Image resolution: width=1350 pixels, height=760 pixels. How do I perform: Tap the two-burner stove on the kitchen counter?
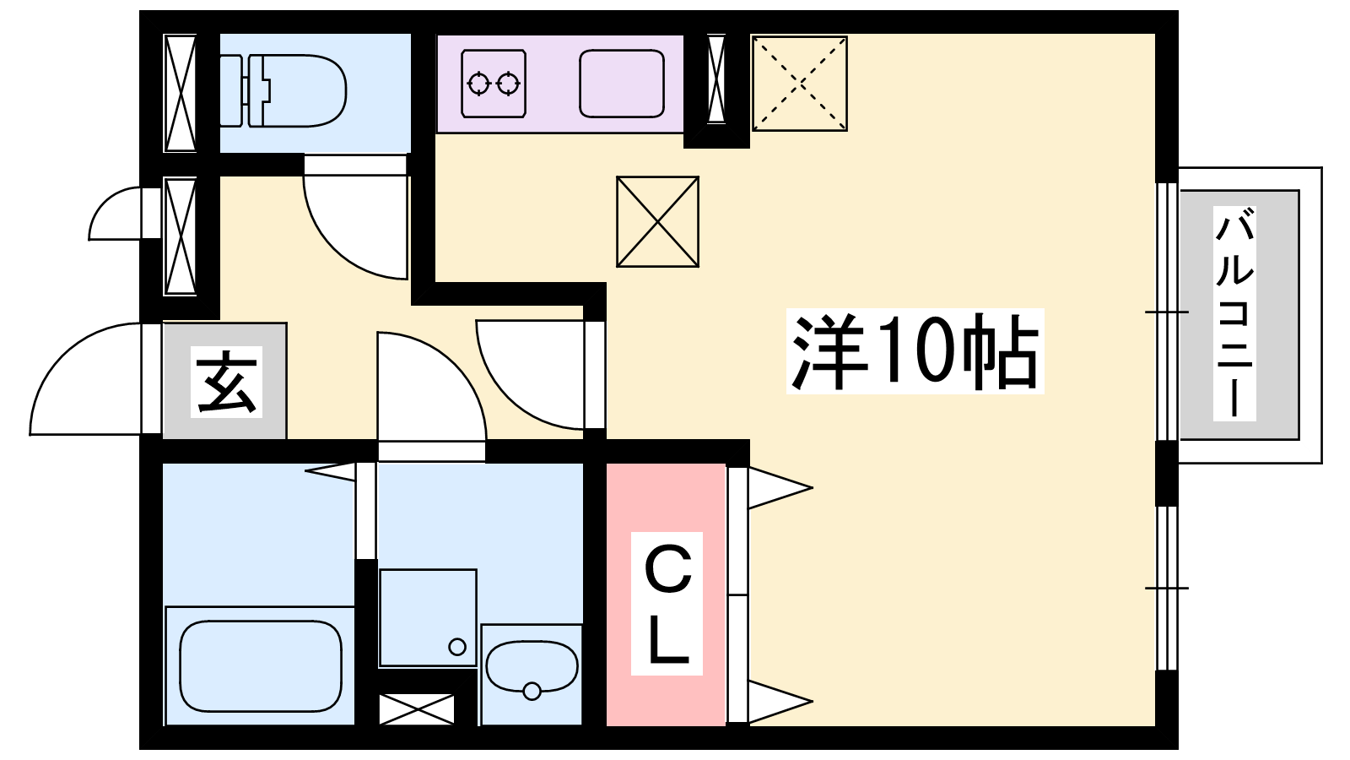coord(494,83)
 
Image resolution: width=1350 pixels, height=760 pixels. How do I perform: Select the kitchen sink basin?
coord(622,83)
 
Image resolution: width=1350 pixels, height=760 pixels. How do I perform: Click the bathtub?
coord(261,665)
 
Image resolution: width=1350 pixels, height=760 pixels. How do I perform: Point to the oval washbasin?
coord(532,669)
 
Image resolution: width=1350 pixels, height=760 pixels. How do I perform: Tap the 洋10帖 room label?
coord(915,350)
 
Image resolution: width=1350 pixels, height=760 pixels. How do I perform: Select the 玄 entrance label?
coord(227,383)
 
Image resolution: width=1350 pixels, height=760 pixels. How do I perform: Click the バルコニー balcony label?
coord(1234,314)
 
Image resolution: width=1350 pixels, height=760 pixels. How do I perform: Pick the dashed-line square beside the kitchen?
coord(799,84)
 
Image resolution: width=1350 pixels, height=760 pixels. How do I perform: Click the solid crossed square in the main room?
coord(657,221)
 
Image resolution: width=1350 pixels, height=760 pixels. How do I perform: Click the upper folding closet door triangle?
coord(776,487)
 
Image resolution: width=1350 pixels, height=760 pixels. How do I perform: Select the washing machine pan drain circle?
coord(457,647)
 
